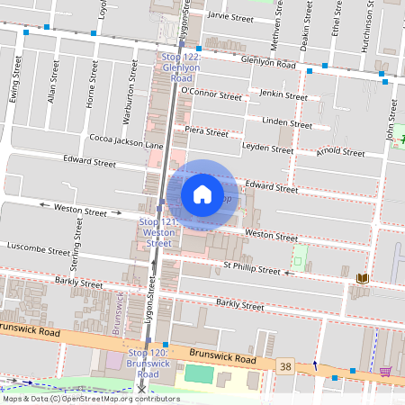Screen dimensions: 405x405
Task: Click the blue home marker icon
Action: pyautogui.click(x=202, y=193)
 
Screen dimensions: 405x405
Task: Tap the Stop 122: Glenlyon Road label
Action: pyautogui.click(x=182, y=67)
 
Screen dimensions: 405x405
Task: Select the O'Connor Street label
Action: pyautogui.click(x=211, y=93)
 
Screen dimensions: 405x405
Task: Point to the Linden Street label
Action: pyautogui.click(x=286, y=122)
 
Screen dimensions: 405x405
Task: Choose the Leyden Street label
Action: pyautogui.click(x=268, y=146)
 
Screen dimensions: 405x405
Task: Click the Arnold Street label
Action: pyautogui.click(x=341, y=152)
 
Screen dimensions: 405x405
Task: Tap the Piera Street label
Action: pyautogui.click(x=206, y=131)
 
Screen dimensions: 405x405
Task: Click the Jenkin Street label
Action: pyautogui.click(x=283, y=94)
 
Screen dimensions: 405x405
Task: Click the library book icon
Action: pyautogui.click(x=363, y=279)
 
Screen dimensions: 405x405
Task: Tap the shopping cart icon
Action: pyautogui.click(x=385, y=371)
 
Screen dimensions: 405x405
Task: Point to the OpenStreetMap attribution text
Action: pyautogui.click(x=90, y=399)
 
